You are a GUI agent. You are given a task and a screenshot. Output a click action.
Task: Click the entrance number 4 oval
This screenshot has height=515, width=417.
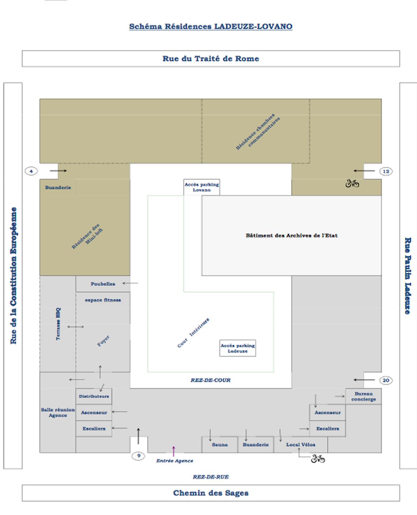pyautogui.click(x=31, y=172)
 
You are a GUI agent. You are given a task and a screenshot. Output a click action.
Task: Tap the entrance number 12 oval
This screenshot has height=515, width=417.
pyautogui.click(x=386, y=172)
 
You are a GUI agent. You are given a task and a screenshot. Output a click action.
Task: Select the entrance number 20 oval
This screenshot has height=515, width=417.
pyautogui.click(x=386, y=380)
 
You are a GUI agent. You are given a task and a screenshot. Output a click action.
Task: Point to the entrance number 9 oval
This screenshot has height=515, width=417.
pyautogui.click(x=138, y=456)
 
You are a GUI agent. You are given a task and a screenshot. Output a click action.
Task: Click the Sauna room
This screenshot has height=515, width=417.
pyautogui.click(x=220, y=444)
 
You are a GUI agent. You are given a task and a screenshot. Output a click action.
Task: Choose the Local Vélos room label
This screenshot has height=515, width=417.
pyautogui.click(x=301, y=445)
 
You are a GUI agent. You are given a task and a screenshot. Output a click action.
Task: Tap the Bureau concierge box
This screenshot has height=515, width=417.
pyautogui.click(x=363, y=397)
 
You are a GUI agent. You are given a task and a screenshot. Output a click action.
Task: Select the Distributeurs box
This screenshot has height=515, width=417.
pyautogui.click(x=94, y=396)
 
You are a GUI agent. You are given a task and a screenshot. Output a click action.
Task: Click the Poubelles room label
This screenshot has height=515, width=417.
pyautogui.click(x=103, y=284)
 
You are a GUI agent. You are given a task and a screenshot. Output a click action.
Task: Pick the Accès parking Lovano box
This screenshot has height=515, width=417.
pyautogui.click(x=201, y=187)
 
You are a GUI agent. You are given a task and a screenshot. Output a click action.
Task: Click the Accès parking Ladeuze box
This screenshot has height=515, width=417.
pyautogui.click(x=238, y=348)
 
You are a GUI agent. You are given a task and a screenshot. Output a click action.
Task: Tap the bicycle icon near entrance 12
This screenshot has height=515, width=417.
pyautogui.click(x=352, y=183)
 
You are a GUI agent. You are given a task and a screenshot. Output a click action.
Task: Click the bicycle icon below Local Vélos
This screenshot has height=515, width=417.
pyautogui.click(x=318, y=458)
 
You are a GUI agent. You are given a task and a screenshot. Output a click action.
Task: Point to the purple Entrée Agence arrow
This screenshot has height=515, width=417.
pyautogui.click(x=173, y=451)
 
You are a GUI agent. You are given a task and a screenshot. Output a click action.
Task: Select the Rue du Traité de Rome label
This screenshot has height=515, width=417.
pyautogui.click(x=211, y=58)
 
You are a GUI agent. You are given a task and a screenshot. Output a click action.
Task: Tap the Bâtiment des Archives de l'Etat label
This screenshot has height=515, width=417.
pyautogui.click(x=292, y=235)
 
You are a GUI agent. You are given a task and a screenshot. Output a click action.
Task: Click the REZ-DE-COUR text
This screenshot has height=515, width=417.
pyautogui.click(x=210, y=380)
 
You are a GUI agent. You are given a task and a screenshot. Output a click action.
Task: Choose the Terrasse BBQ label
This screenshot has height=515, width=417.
pyautogui.click(x=58, y=324)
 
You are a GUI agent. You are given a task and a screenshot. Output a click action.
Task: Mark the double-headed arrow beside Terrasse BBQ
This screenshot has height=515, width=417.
pyautogui.click(x=75, y=327)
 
